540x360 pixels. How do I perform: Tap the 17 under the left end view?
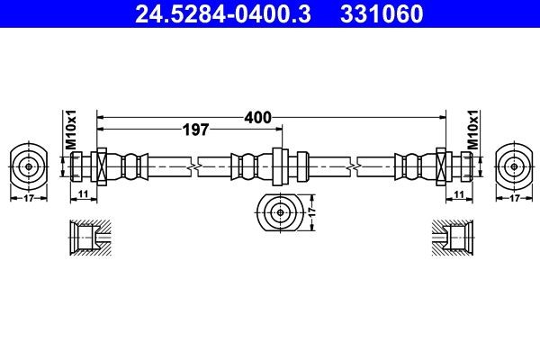(x=29, y=198)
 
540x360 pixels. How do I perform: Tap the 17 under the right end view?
(x=514, y=198)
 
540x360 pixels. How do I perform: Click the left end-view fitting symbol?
(x=29, y=166)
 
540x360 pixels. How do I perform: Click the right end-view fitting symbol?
(x=514, y=166)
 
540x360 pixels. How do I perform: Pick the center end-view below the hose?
(x=279, y=213)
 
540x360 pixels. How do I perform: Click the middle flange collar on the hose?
(x=279, y=166)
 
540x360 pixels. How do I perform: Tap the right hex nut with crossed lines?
(x=442, y=166)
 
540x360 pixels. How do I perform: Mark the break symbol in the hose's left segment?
(x=193, y=166)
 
